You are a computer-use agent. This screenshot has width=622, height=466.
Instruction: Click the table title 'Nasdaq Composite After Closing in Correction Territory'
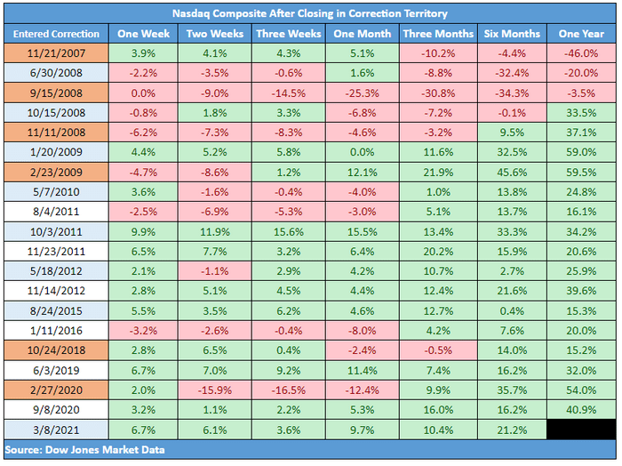pyautogui.click(x=310, y=13)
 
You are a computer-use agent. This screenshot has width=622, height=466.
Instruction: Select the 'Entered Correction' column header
pyautogui.click(x=56, y=34)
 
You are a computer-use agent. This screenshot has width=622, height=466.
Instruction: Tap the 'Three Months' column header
pyautogui.click(x=438, y=34)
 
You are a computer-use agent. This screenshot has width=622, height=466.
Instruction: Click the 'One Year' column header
pyautogui.click(x=581, y=34)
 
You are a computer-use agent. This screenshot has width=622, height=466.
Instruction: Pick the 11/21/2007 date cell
pyautogui.click(x=56, y=53)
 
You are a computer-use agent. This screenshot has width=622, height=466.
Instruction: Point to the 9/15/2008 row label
pyautogui.click(x=56, y=92)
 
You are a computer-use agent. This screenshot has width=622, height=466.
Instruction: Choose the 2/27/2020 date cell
pyautogui.click(x=56, y=390)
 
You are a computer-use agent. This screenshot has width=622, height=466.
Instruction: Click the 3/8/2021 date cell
pyautogui.click(x=56, y=430)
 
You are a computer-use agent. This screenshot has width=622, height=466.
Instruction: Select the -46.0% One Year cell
pyautogui.click(x=581, y=53)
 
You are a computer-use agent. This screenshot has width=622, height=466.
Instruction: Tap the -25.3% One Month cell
pyautogui.click(x=363, y=92)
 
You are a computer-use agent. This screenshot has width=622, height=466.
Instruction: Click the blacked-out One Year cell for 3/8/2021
pyautogui.click(x=581, y=430)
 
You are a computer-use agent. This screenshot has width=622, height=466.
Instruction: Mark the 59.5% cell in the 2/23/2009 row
pyautogui.click(x=581, y=173)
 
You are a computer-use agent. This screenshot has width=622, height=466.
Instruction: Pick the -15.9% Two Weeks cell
pyautogui.click(x=215, y=390)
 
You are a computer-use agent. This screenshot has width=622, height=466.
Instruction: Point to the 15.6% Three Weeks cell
pyautogui.click(x=289, y=232)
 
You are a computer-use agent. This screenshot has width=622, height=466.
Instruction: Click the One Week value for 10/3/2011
pyautogui.click(x=143, y=232)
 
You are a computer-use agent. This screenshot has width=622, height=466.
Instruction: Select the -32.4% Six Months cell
pyautogui.click(x=512, y=73)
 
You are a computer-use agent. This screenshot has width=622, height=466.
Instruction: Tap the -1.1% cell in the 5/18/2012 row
pyautogui.click(x=215, y=271)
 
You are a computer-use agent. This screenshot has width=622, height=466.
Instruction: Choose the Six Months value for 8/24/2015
pyautogui.click(x=512, y=310)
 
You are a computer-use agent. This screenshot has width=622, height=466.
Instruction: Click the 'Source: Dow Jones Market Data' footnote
pyautogui.click(x=84, y=450)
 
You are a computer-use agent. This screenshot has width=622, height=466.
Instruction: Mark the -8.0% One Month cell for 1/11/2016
pyautogui.click(x=363, y=331)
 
